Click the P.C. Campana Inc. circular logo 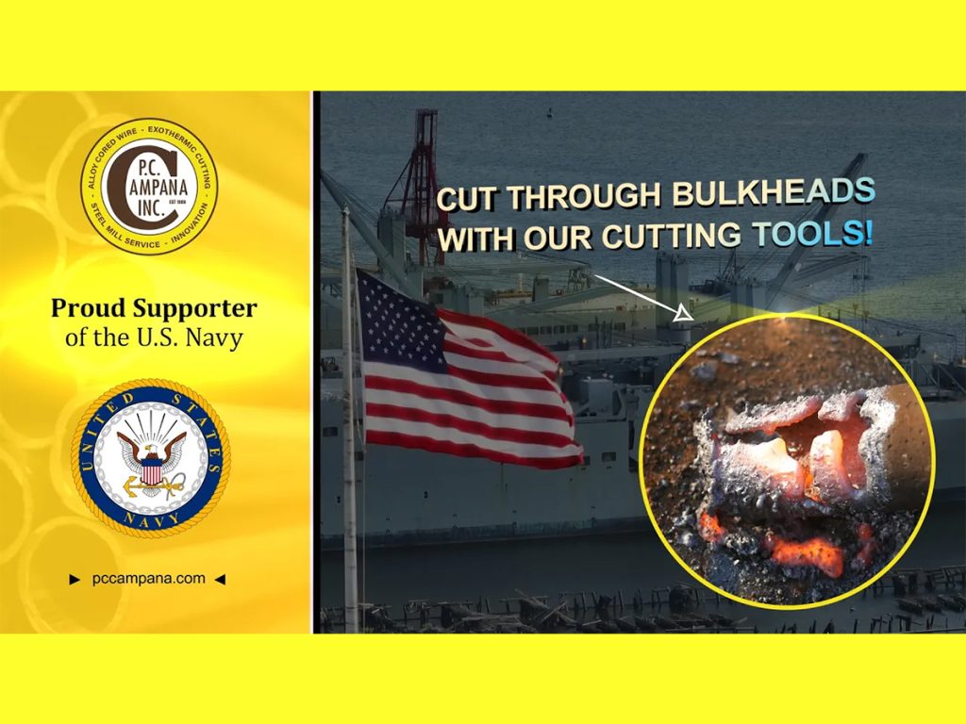click(149, 187)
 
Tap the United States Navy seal click(151, 458)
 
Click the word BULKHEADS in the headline click(774, 193)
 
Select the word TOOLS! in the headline click(812, 234)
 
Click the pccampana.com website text click(148, 578)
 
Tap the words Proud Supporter click(154, 308)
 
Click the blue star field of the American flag click(399, 321)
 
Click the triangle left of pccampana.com click(75, 579)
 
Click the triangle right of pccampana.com click(220, 579)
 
